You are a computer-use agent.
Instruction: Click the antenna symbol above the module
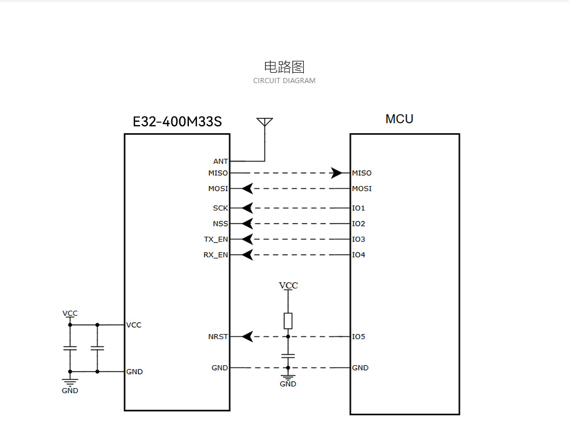click(x=265, y=123)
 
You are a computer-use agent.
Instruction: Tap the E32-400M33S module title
click(x=177, y=122)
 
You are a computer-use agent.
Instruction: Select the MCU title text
click(x=399, y=119)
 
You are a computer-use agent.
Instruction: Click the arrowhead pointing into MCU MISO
click(x=337, y=173)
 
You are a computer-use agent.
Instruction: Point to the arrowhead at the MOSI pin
click(x=247, y=188)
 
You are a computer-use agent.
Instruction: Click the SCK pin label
click(x=220, y=208)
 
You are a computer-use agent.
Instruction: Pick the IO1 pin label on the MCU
click(x=358, y=208)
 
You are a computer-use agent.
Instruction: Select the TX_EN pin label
click(x=216, y=240)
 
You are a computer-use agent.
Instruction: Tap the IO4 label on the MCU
click(x=358, y=255)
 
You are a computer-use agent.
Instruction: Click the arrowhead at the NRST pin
click(x=247, y=337)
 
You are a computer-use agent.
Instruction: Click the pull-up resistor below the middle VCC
click(x=288, y=320)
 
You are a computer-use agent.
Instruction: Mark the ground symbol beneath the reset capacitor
click(x=288, y=377)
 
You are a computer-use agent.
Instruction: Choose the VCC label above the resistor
click(x=288, y=286)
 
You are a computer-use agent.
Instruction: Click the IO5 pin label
click(x=358, y=337)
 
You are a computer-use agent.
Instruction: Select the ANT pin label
click(x=220, y=162)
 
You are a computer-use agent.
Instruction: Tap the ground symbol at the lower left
click(x=70, y=384)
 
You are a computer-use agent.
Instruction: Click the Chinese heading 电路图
click(x=284, y=67)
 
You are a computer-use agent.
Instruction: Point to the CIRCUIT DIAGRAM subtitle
click(x=284, y=81)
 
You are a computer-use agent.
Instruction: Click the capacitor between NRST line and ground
click(x=288, y=356)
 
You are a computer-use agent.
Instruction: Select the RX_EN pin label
click(x=216, y=255)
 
